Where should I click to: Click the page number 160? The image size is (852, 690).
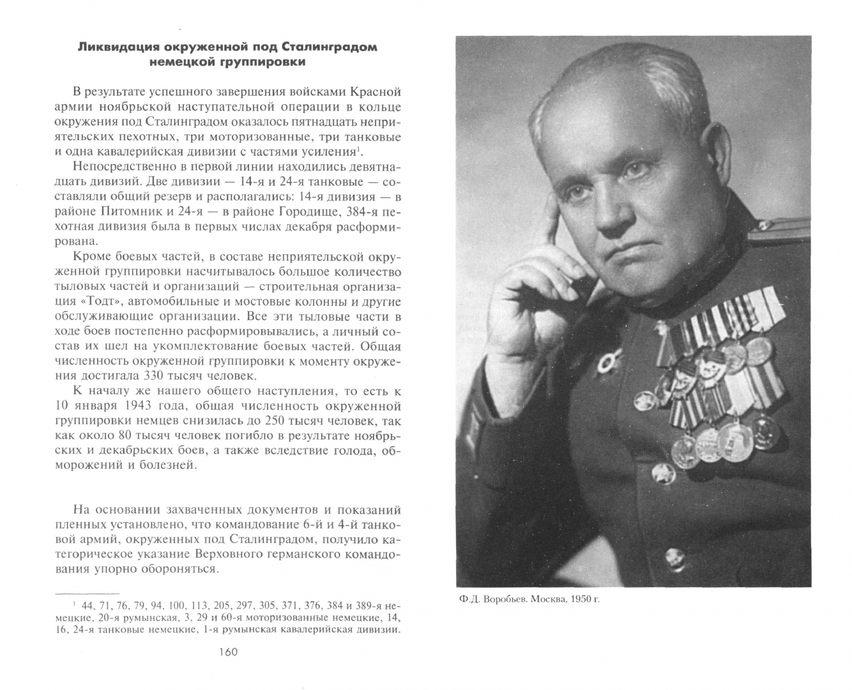(227, 652)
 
